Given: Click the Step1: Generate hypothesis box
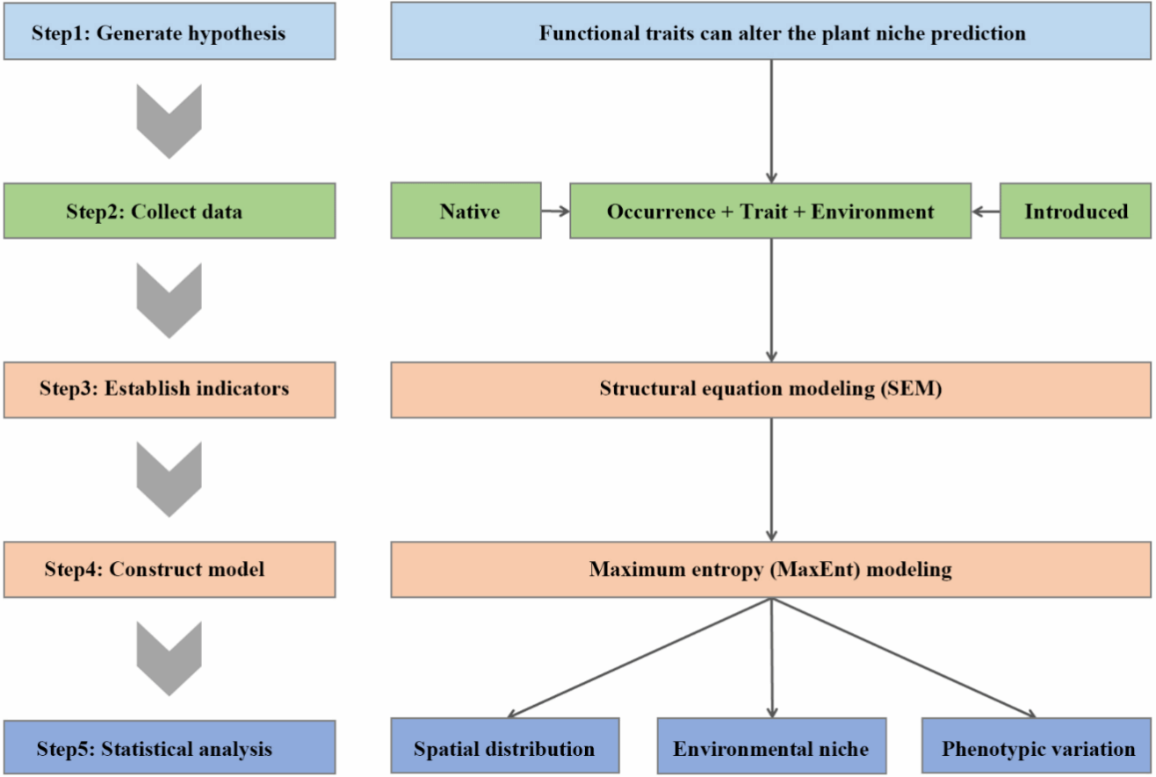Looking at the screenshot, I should (x=170, y=33).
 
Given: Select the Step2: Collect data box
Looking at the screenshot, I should (x=170, y=212).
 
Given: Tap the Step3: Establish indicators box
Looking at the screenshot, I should (x=170, y=388).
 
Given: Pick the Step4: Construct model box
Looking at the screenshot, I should (x=170, y=569).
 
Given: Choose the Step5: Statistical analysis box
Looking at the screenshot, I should (x=170, y=749).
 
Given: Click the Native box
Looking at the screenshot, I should (x=465, y=212).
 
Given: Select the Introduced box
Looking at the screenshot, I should (x=1075, y=212).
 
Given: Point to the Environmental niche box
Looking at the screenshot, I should (x=771, y=749).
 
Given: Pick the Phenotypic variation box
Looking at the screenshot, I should (x=1037, y=749).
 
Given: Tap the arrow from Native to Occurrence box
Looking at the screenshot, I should (x=554, y=212).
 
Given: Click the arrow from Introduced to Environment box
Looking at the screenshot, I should (x=986, y=212).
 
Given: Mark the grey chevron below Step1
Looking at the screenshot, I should (x=170, y=121).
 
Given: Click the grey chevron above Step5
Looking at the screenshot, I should (x=170, y=658).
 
